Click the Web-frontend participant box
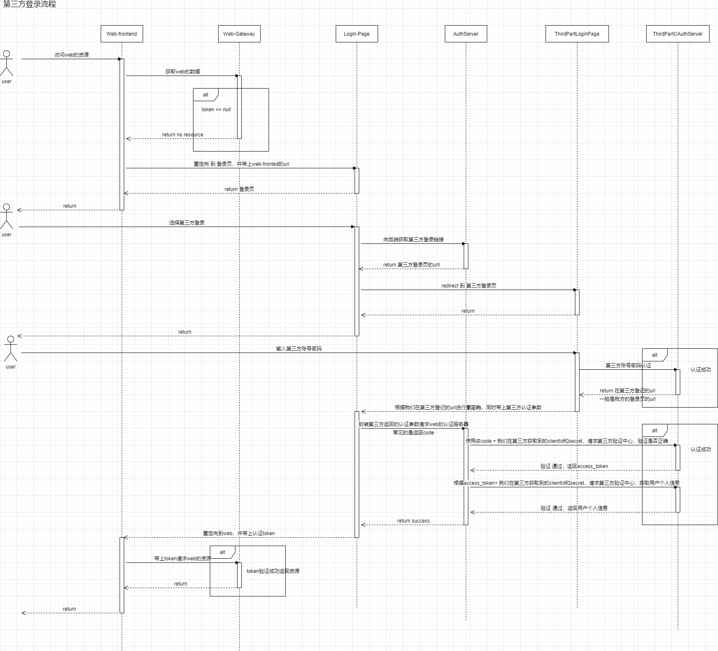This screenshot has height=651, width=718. click(122, 34)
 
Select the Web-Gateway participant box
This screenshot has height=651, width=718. click(239, 34)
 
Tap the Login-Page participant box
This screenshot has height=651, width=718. click(357, 34)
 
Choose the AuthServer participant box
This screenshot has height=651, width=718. click(466, 34)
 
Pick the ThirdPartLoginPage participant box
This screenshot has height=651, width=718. click(577, 34)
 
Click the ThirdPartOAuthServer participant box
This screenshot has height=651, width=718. click(678, 34)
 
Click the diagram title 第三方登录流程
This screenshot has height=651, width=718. click(29, 5)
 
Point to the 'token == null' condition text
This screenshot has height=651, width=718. click(216, 110)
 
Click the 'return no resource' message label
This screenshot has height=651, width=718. click(183, 135)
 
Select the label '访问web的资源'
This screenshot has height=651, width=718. click(71, 55)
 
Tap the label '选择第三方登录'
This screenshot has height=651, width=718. click(187, 223)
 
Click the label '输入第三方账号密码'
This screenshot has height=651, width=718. click(299, 349)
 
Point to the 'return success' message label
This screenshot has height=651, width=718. click(413, 521)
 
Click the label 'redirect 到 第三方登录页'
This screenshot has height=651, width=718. click(469, 286)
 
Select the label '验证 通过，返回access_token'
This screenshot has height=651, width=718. click(574, 466)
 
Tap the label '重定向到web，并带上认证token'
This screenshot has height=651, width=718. click(239, 533)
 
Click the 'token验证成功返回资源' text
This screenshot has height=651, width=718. click(273, 571)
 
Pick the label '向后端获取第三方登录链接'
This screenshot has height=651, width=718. click(413, 240)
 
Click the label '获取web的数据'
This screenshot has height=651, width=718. click(183, 72)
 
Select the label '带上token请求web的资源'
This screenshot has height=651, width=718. click(183, 559)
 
